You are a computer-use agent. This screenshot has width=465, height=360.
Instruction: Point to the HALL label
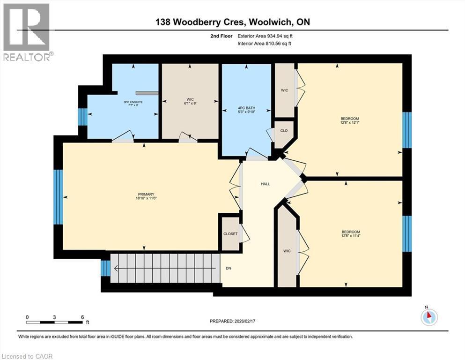(x=265, y=184)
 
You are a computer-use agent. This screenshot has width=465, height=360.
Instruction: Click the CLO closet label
(x=284, y=131)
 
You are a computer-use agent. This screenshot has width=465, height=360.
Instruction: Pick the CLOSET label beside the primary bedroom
(x=230, y=233)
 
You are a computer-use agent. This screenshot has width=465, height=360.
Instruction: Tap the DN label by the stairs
(x=229, y=269)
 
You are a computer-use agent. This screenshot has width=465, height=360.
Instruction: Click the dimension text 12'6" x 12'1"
(x=350, y=123)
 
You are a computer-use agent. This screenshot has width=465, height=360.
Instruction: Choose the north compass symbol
(x=428, y=317)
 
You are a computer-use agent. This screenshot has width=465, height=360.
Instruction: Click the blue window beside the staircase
(x=106, y=268)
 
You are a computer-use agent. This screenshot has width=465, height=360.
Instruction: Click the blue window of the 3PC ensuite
(x=82, y=117)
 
